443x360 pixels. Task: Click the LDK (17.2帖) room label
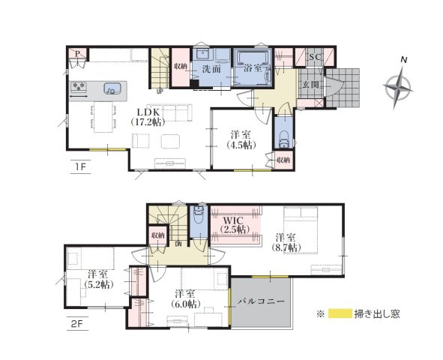pos(148,117)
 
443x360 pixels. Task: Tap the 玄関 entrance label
pos(311,84)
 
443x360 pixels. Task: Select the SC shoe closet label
pos(315,57)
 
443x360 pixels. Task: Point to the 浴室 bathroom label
pos(253,67)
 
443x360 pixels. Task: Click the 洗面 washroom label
pos(211,69)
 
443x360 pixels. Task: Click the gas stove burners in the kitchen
pos(79,87)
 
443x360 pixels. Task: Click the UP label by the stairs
pos(160,91)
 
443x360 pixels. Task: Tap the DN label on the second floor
pos(178,244)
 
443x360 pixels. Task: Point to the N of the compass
pos(404,59)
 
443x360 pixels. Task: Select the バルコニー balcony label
pos(261,301)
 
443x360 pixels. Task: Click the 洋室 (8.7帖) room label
pos(286,242)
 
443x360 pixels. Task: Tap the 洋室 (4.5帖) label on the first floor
pos(241,139)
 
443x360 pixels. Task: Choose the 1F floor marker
pos(80,166)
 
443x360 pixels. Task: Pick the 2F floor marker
pos(78,323)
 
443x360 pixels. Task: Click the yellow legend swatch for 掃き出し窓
pos(340,313)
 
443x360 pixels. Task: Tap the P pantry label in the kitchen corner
pos(77,53)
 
